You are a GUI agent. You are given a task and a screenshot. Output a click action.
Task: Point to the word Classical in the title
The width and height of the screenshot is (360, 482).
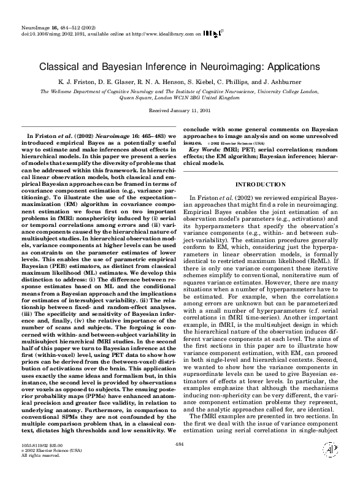point(61,66)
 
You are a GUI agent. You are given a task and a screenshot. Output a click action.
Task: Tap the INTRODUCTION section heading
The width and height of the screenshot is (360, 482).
point(260,184)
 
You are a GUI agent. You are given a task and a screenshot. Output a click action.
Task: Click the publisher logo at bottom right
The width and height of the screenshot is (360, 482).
point(331,466)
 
